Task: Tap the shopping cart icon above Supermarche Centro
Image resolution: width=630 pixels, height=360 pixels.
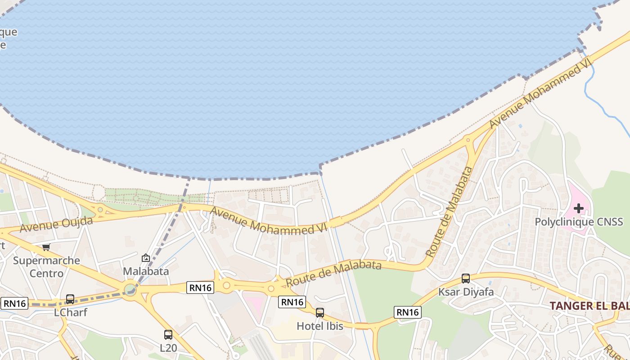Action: (46, 247)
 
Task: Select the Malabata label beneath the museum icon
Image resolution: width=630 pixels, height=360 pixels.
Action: (146, 271)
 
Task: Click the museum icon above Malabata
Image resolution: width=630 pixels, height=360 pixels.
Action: (146, 258)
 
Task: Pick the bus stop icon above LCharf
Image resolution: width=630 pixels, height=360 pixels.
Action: (70, 299)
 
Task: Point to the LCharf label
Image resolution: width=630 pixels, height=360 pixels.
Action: (70, 312)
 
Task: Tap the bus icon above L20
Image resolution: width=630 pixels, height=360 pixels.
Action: (168, 335)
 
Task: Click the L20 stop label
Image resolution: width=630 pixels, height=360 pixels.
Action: (168, 348)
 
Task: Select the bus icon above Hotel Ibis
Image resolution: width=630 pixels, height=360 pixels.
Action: (320, 313)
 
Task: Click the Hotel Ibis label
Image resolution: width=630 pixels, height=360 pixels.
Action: (320, 326)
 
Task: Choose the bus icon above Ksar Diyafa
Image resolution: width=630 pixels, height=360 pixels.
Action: (466, 279)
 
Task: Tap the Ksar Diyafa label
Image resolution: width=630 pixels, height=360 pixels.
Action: (466, 292)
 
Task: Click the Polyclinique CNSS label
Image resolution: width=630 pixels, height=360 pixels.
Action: (579, 221)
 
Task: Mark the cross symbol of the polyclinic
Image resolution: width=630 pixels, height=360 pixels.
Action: (579, 208)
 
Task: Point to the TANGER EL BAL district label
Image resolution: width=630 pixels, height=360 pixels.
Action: (589, 306)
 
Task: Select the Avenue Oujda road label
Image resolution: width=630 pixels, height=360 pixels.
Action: (56, 224)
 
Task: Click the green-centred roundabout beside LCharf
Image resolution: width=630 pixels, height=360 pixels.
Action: (130, 289)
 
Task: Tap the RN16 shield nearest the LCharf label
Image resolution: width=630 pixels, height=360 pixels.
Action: (15, 303)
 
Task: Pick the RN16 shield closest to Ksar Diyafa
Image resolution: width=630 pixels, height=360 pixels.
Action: (408, 312)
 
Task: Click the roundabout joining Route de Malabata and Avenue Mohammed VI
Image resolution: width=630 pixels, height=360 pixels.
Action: (469, 140)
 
